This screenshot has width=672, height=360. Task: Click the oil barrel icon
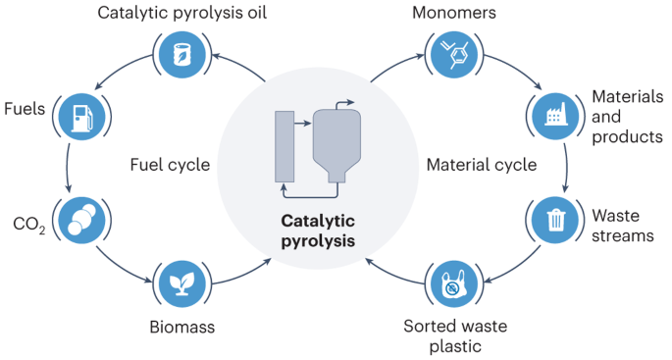pos(181,54)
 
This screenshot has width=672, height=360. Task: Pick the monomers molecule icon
pos(452,54)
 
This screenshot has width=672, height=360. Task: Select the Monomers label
pos(452,13)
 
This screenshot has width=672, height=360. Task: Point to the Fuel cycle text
pos(170,165)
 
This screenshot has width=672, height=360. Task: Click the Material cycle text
pos(481,165)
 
